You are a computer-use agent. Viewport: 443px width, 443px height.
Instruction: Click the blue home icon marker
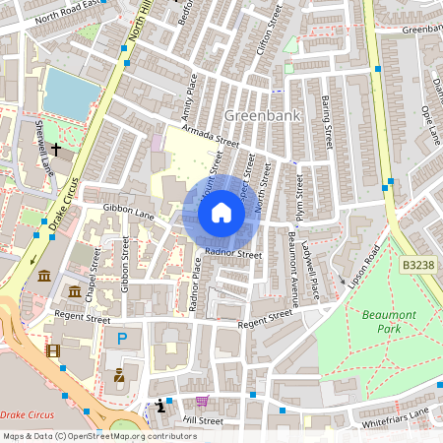(x=221, y=213)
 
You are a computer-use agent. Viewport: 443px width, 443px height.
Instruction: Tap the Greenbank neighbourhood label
(x=262, y=114)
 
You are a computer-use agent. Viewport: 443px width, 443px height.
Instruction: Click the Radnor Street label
(x=234, y=256)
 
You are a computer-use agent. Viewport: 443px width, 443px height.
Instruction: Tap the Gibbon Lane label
(x=129, y=214)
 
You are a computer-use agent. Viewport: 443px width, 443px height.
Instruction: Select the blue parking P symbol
(x=122, y=338)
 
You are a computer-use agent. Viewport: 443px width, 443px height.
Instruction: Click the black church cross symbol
(x=56, y=149)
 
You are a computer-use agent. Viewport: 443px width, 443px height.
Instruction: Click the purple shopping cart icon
(x=202, y=401)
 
